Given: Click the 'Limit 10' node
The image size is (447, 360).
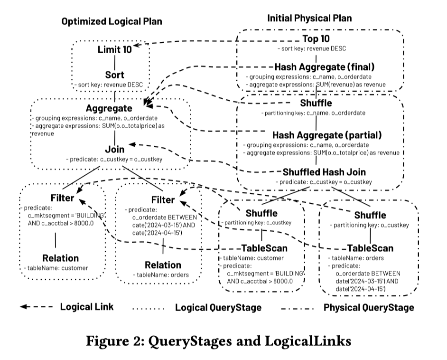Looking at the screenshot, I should pos(114,50).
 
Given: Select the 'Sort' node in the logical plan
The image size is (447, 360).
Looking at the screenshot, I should pos(114,75).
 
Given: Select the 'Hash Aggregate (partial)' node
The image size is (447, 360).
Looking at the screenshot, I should pos(321,134).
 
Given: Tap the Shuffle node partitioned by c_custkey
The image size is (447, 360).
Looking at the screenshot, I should pos(261,213).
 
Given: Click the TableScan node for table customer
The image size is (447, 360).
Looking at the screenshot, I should pos(264,248).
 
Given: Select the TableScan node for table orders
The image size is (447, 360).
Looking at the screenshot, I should pos(370,248).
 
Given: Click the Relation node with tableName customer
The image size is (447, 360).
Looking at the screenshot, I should pos(60,258).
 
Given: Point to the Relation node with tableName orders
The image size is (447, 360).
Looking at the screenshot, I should pos(163,265).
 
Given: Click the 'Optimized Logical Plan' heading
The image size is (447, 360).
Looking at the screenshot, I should pos(112,21).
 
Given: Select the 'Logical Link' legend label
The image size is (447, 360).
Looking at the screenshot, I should pos(87,307).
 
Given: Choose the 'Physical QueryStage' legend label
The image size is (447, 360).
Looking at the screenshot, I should pos(369,307).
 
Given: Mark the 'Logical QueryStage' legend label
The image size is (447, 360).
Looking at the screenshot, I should pos(218,307).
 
